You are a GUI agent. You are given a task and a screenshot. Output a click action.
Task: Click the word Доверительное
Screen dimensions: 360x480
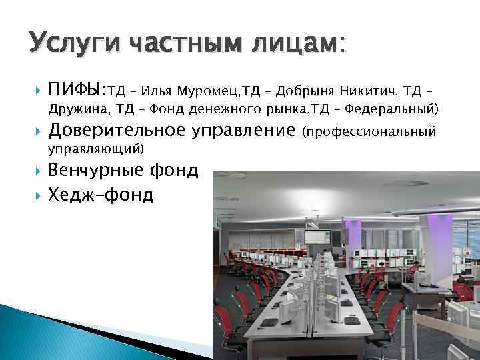[x=116, y=130]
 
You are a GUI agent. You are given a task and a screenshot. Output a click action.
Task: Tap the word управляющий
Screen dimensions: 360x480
[x=97, y=147]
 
